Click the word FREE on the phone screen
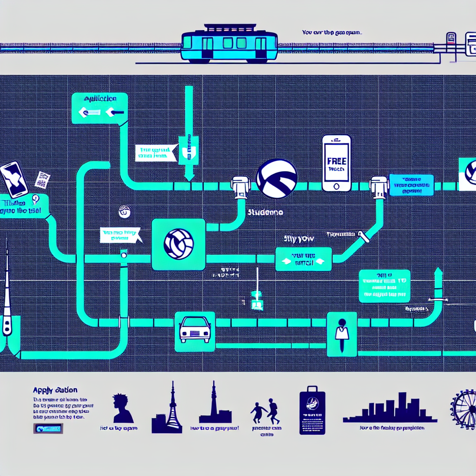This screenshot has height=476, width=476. tap(337, 161)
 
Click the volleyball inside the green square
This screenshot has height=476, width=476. tap(178, 244)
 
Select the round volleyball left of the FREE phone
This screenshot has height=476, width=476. tap(277, 178)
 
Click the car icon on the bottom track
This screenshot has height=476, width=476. tap(195, 331)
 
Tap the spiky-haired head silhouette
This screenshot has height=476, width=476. tap(122, 408)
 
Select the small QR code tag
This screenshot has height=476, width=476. tap(43, 179)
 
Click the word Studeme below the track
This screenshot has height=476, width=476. tap(265, 212)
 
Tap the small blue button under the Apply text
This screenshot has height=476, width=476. tap(48, 429)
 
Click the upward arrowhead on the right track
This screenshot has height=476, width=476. tap(437, 273)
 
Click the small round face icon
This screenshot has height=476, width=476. tap(124, 211)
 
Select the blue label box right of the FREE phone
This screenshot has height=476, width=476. tap(411, 185)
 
